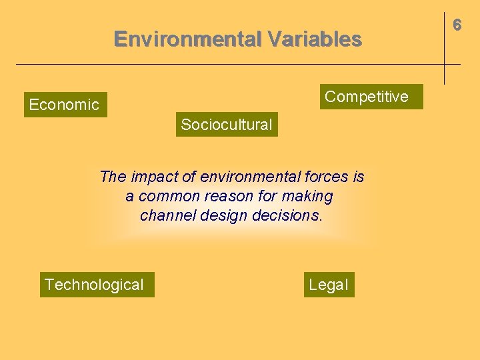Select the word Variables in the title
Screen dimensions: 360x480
coord(315,39)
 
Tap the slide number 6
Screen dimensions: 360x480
coord(457,25)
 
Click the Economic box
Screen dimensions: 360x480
coord(65,105)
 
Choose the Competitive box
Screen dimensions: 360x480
coord(366,97)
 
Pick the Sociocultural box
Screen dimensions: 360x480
coord(227,125)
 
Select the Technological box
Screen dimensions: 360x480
coord(94,285)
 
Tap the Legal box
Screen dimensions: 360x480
coord(328,285)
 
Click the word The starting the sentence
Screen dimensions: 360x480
coord(113,177)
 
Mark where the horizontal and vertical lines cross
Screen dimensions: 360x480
coord(444,64)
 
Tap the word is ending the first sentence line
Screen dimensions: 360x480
coord(359,177)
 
